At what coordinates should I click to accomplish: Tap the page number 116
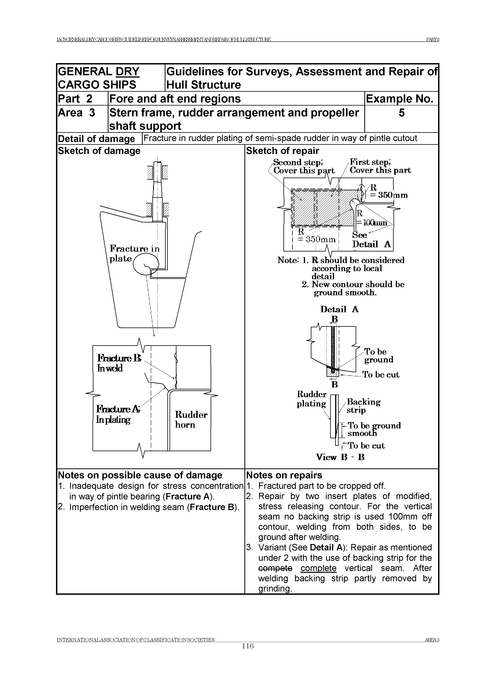pyautogui.click(x=248, y=655)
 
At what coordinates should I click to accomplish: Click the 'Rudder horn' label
pyautogui.click(x=191, y=419)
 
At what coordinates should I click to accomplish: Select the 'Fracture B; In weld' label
pyautogui.click(x=119, y=363)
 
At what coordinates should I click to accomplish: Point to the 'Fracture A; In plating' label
pyautogui.click(x=118, y=414)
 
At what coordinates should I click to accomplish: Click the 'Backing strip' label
pyautogui.click(x=363, y=406)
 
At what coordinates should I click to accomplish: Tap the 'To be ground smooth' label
pyautogui.click(x=374, y=429)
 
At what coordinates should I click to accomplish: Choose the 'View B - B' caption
pyautogui.click(x=340, y=457)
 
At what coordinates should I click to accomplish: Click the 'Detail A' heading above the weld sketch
pyautogui.click(x=339, y=309)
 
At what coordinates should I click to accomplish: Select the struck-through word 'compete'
pyautogui.click(x=275, y=568)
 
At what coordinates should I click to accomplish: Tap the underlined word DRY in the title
pyautogui.click(x=127, y=72)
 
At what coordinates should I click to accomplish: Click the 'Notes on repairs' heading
pyautogui.click(x=284, y=475)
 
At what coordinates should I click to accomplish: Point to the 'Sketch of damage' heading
pyautogui.click(x=99, y=151)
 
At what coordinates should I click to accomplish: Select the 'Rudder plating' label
pyautogui.click(x=311, y=399)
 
